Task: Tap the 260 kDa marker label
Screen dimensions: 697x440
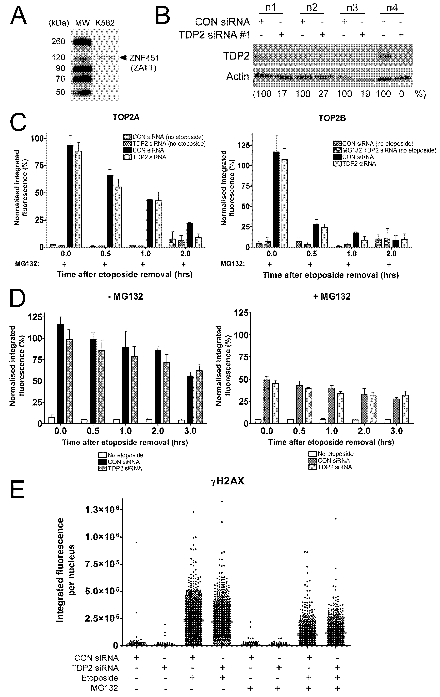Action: point(58,42)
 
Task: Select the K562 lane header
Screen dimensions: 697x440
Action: point(105,23)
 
